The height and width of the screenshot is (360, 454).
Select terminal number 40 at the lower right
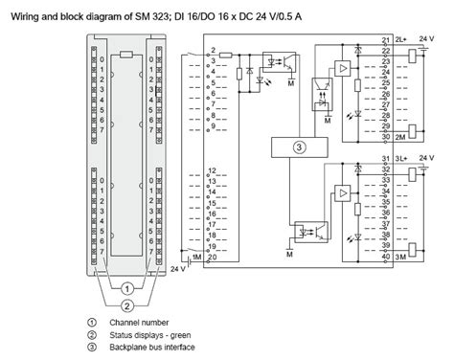tap(386, 257)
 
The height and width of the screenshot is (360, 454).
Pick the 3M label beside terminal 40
tap(403, 257)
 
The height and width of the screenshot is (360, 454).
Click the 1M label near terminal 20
tap(196, 257)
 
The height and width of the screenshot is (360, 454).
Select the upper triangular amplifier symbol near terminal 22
tap(342, 69)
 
